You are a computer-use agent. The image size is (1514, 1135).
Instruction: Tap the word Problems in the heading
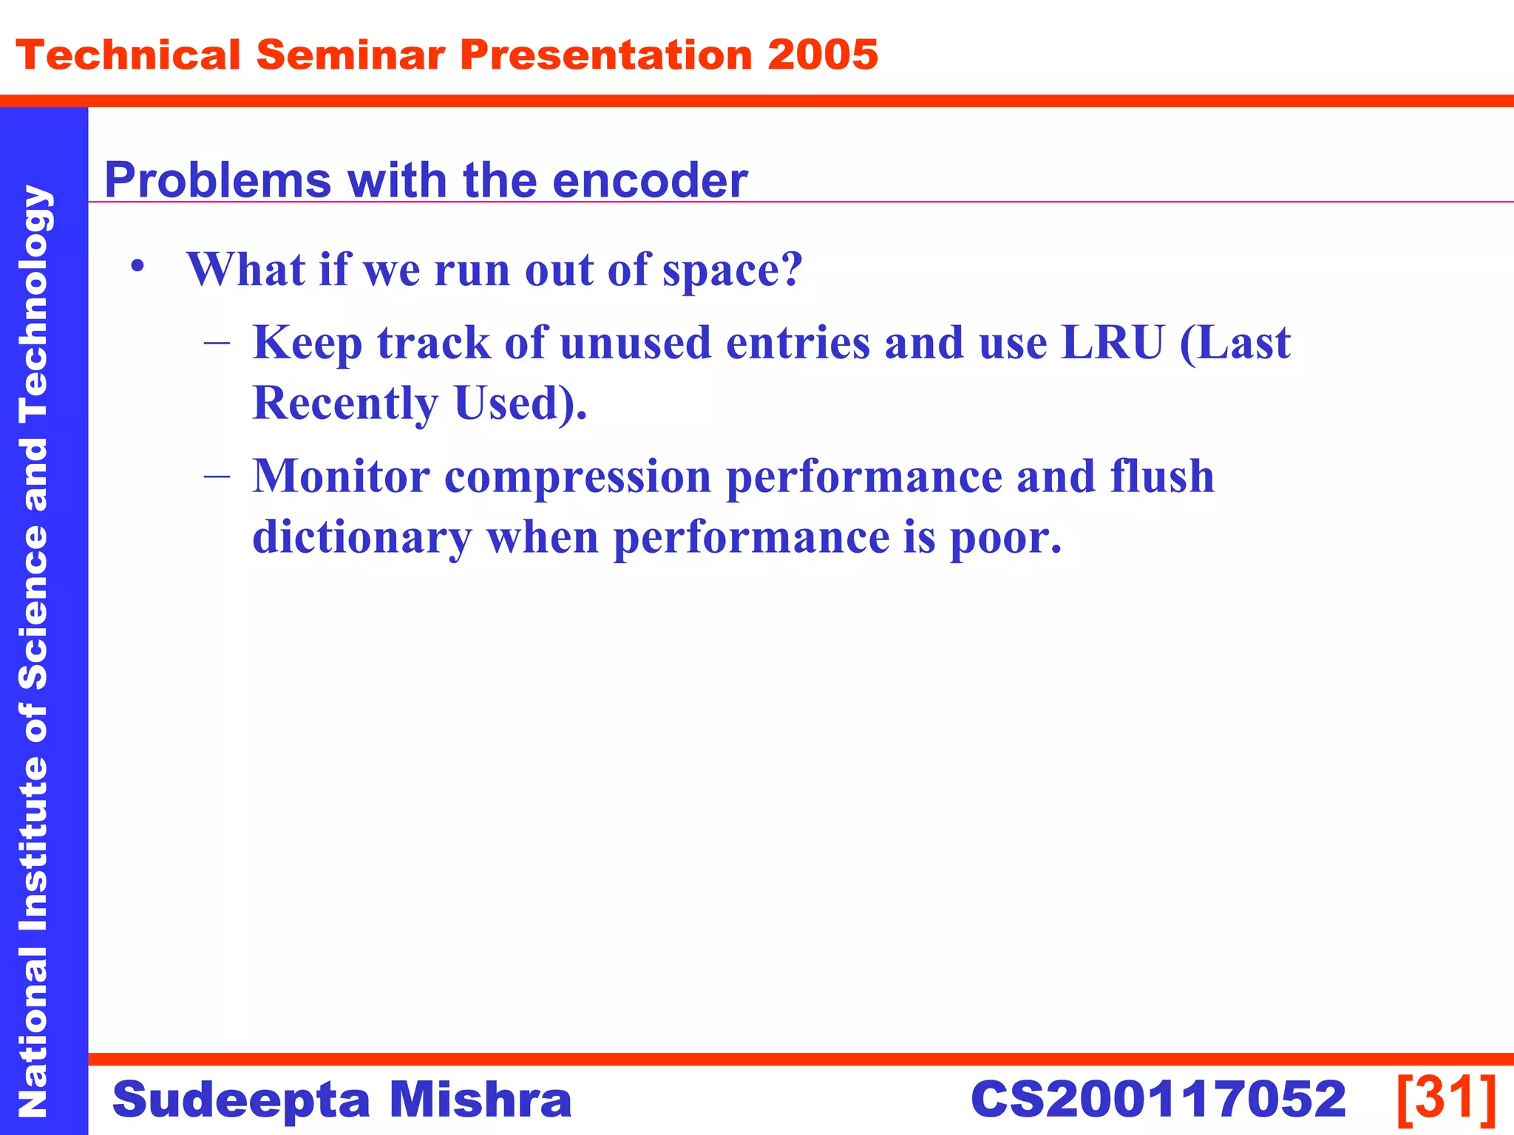click(218, 181)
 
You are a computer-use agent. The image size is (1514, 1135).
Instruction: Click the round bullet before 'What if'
click(136, 267)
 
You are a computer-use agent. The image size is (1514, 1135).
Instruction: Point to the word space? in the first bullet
click(732, 270)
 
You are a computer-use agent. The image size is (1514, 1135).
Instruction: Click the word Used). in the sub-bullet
click(520, 403)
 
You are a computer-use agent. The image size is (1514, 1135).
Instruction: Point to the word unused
click(635, 343)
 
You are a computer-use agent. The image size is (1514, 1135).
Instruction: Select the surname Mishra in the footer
click(481, 1100)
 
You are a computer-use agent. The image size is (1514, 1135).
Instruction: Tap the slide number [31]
click(1446, 1098)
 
